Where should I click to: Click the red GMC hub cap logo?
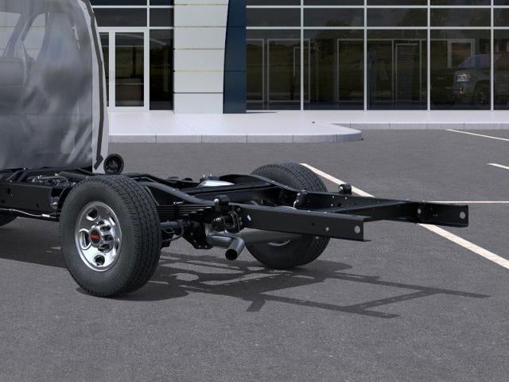click(96, 236)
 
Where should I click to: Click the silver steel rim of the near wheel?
click(98, 236)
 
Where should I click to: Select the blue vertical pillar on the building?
click(235, 56)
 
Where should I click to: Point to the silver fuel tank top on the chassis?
click(216, 182)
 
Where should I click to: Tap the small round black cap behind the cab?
click(114, 164)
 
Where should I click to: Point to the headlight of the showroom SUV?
click(463, 78)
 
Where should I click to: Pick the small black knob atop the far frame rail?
click(345, 189)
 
